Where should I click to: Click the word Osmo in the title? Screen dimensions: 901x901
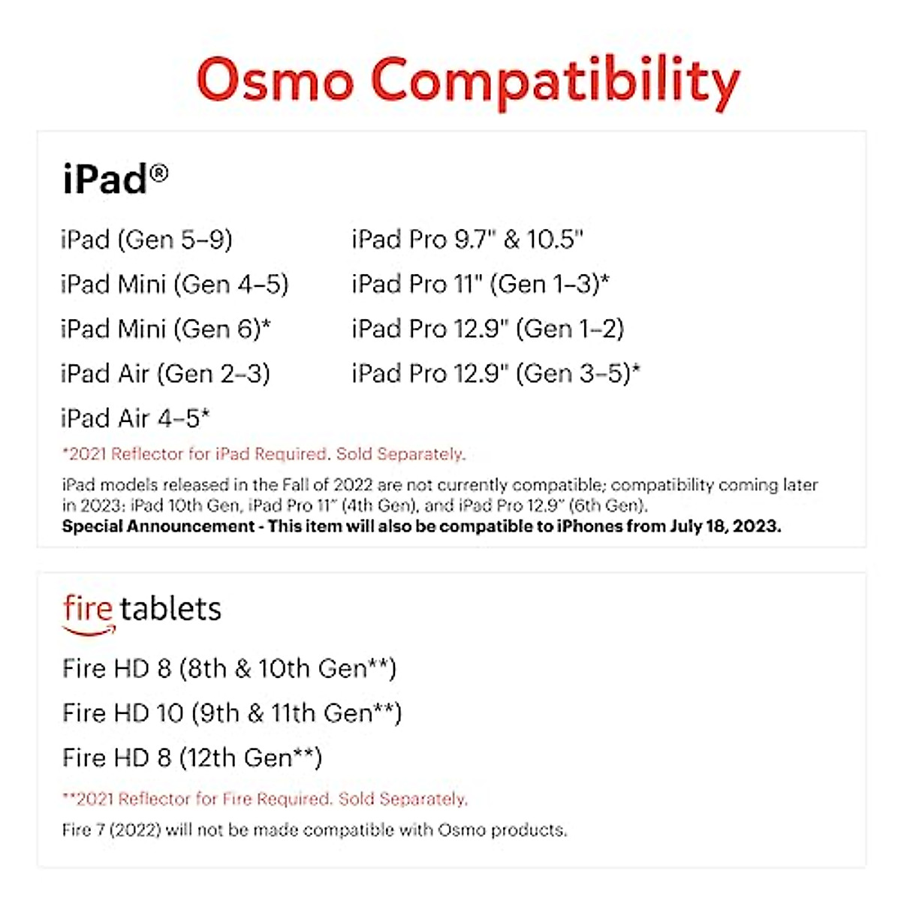275,80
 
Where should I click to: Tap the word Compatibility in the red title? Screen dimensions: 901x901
556,81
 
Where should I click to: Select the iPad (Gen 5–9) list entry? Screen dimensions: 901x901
146,240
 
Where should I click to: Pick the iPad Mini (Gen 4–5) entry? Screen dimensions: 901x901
174,285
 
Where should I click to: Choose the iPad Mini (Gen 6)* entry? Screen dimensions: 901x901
166,329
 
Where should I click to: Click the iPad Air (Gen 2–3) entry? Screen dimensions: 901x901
165,373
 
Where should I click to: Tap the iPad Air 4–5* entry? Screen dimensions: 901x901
135,418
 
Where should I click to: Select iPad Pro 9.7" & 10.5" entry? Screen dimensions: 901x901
467,240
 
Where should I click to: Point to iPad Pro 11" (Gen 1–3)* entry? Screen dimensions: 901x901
481,285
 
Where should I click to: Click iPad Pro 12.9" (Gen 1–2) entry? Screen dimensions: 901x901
488,329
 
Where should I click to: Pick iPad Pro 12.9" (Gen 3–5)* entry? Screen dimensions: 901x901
496,373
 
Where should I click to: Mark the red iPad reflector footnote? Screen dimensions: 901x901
264,454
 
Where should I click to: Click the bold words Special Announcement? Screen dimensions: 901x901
158,526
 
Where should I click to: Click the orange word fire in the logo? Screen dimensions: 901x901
88,609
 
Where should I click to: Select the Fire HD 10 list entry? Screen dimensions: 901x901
232,713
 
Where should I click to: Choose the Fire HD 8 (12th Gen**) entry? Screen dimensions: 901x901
192,758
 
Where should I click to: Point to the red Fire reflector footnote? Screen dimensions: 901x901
264,799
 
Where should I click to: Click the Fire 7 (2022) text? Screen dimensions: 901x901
111,830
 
